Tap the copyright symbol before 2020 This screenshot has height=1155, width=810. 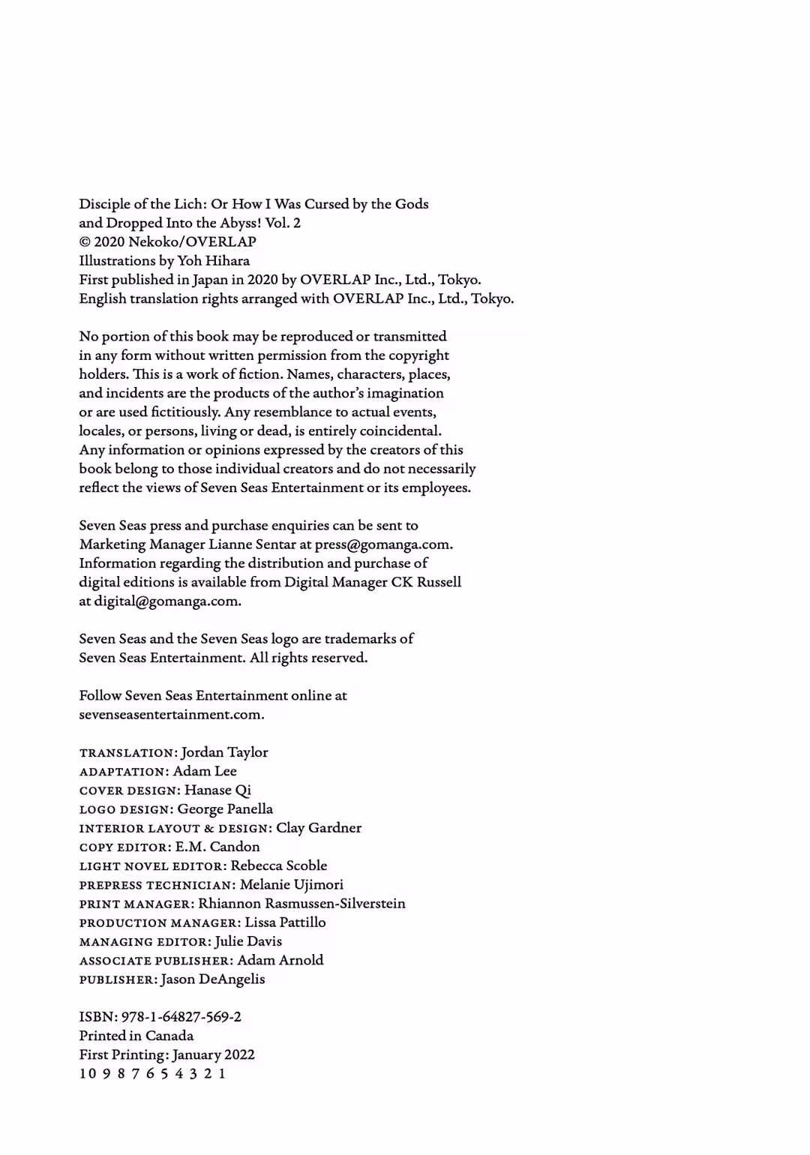tap(85, 242)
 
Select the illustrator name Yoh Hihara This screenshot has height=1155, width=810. tap(214, 261)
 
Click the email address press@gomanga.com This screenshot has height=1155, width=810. tap(382, 544)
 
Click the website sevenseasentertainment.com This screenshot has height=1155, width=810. tap(171, 715)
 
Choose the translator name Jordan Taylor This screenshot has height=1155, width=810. tap(224, 752)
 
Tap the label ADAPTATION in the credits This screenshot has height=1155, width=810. tap(122, 772)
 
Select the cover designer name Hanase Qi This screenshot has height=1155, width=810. tap(217, 790)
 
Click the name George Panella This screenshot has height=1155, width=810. tap(225, 809)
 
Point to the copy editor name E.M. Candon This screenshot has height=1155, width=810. tap(217, 847)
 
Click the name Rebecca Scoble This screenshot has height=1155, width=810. tap(279, 865)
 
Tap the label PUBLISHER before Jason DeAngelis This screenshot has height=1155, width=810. tap(116, 979)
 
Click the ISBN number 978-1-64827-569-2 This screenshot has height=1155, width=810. tap(181, 1017)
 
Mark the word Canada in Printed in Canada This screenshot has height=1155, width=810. tap(169, 1036)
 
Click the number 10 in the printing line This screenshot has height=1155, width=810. tap(88, 1073)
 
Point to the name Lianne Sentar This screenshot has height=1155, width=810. tap(247, 544)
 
